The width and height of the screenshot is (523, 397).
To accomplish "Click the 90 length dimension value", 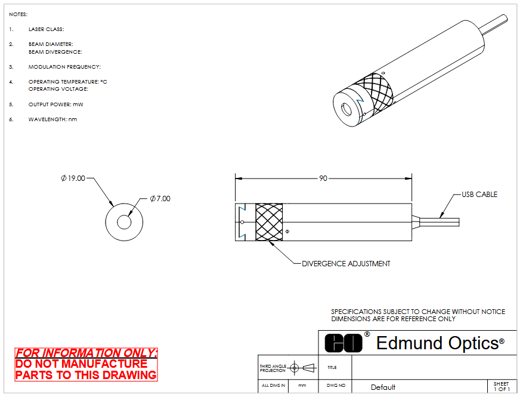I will click(x=323, y=178).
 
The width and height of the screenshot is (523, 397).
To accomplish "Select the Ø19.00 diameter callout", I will click(x=73, y=178).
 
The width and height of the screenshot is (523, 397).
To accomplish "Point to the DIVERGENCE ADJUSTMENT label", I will click(x=346, y=263).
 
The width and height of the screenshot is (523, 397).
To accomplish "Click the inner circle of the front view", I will click(x=124, y=222).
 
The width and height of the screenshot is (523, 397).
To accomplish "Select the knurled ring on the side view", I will click(x=269, y=222).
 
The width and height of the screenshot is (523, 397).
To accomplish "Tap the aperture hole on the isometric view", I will click(x=346, y=110).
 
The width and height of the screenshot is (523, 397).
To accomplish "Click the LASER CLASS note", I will click(x=46, y=29).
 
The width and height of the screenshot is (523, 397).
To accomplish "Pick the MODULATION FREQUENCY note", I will click(x=64, y=67).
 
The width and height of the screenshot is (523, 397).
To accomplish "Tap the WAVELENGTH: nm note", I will click(x=52, y=119).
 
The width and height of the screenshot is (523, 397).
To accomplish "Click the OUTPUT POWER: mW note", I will click(x=55, y=104).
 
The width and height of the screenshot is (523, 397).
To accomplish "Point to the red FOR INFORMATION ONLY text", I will click(x=86, y=353).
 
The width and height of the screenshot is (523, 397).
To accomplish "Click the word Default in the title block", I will click(x=383, y=387).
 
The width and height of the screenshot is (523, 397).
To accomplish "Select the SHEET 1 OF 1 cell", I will click(x=501, y=386).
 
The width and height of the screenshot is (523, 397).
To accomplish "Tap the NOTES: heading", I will click(x=18, y=14).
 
